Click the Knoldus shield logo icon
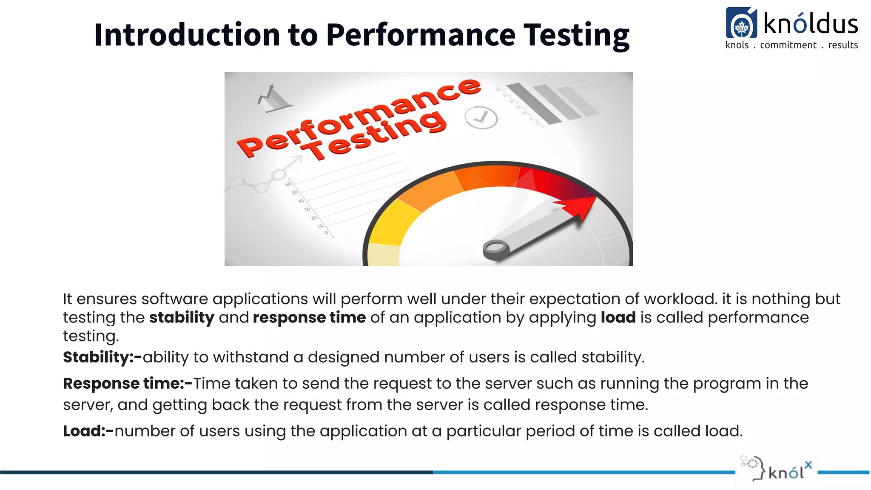coord(741,24)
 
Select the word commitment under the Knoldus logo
coord(788,45)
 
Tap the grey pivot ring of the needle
coord(496,249)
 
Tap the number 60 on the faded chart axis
coord(288,184)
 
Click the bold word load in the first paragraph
coord(618,318)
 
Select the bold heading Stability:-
coord(102,357)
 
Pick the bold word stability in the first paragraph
coord(182,318)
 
